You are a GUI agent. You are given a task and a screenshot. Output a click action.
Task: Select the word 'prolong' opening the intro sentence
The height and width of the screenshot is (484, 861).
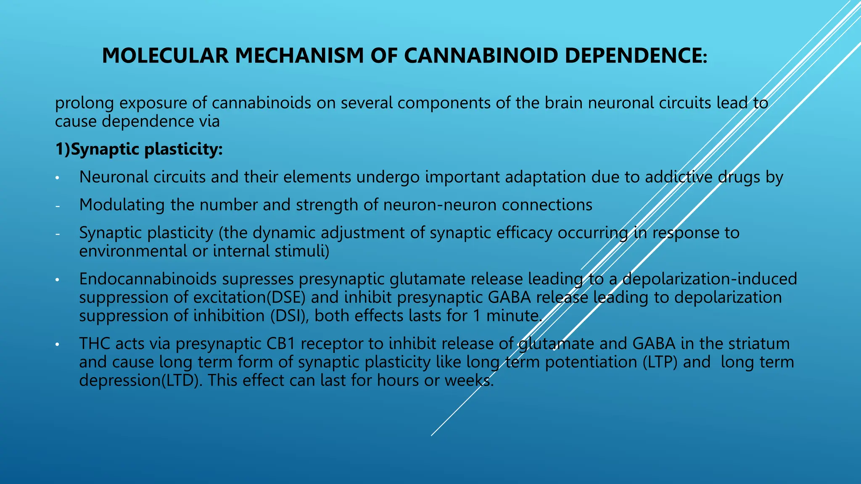coord(85,103)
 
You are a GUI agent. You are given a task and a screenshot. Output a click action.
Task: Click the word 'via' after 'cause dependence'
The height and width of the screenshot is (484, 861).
coord(209,121)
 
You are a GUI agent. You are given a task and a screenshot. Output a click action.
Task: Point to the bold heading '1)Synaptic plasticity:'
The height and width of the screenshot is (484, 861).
coord(139,149)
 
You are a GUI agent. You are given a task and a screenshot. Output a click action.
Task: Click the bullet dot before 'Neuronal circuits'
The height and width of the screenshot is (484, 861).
coord(58,178)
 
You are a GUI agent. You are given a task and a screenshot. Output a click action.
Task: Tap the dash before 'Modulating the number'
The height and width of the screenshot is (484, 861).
coord(58,206)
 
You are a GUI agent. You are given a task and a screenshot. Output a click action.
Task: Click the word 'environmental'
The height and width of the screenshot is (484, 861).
coord(133,251)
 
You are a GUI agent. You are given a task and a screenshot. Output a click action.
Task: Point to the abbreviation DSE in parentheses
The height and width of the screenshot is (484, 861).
coord(288,297)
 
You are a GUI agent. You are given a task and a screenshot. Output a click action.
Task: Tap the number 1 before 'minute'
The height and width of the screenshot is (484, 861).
coord(477,316)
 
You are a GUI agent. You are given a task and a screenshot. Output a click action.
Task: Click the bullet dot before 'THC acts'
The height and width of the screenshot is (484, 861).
coord(58,345)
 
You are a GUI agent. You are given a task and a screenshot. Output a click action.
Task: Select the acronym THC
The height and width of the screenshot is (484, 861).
coord(95,344)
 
